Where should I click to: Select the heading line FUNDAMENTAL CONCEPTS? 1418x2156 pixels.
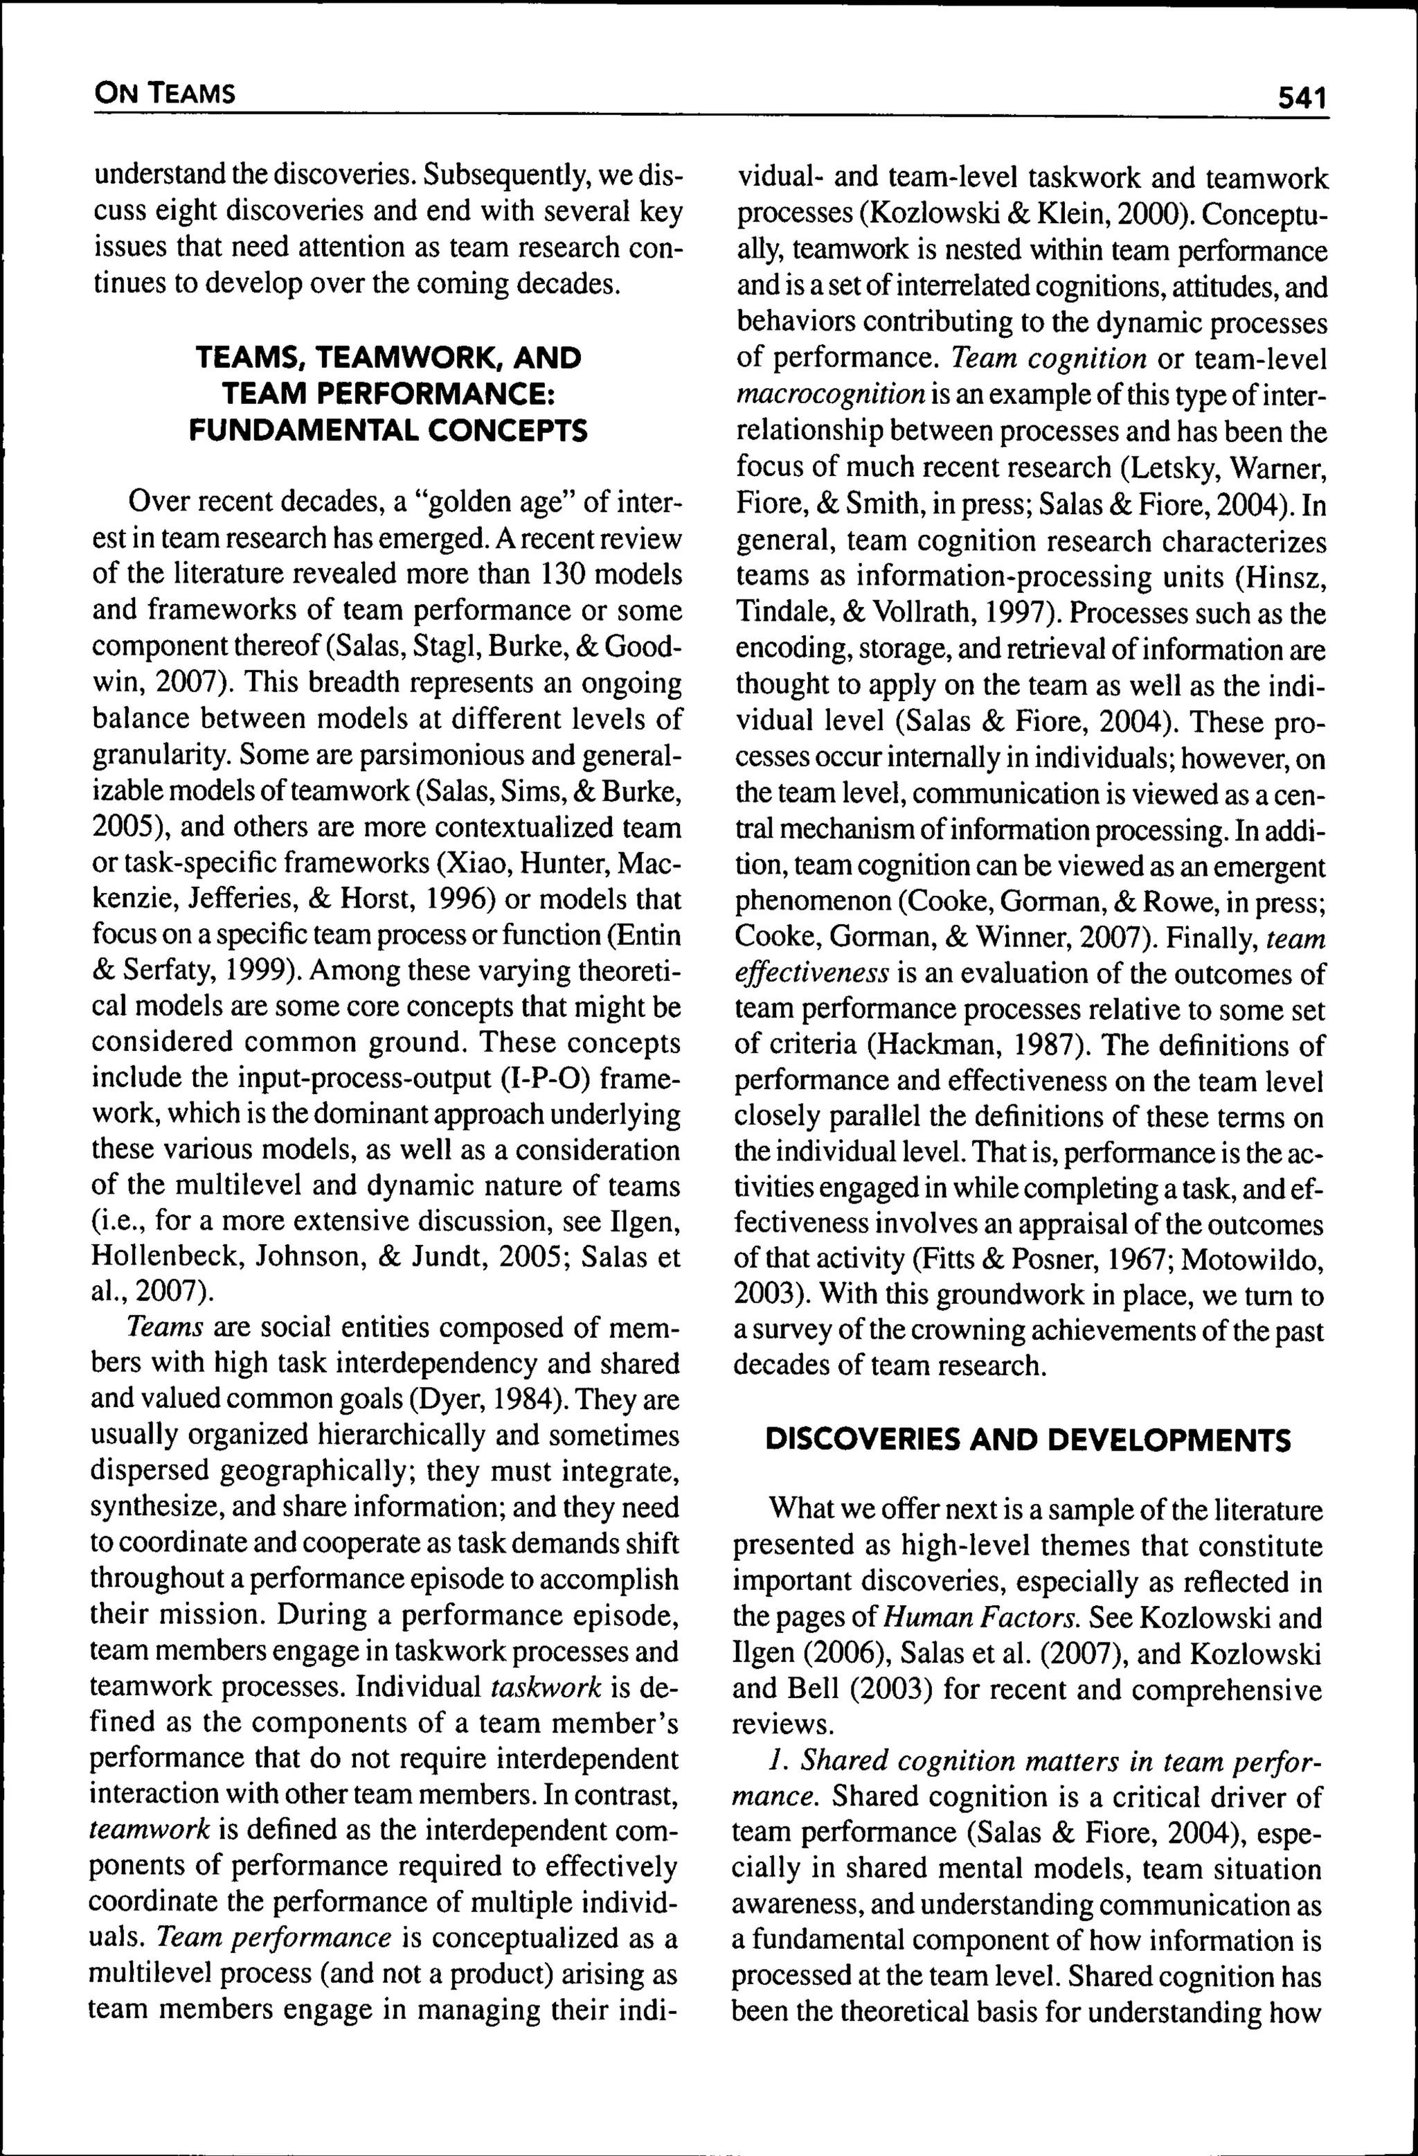388,430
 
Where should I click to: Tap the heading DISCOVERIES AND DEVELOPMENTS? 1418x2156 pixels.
1027,1440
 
